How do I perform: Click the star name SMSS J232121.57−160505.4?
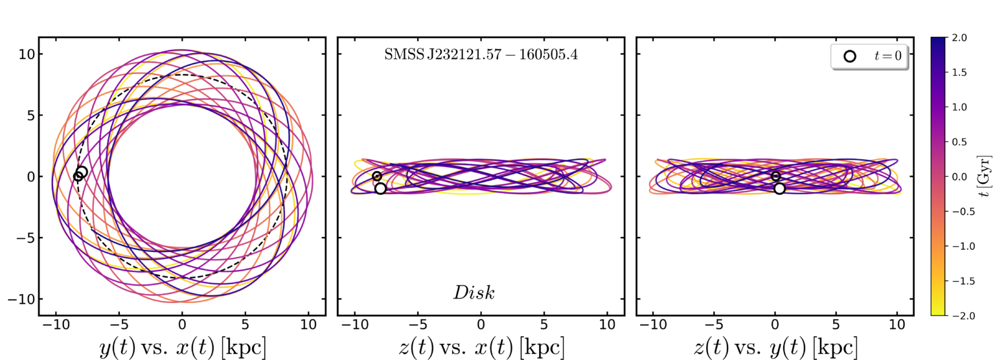481,56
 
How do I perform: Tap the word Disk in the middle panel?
474,293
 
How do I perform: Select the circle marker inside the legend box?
850,56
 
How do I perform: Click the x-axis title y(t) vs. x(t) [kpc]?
182,348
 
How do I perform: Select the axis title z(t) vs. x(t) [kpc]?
481,348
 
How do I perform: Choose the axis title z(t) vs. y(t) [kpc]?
775,348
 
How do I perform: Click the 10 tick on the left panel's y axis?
26,54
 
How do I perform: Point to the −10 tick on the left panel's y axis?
22,299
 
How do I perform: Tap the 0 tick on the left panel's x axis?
182,324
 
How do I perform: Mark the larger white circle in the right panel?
779,188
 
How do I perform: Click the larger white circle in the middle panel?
380,188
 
